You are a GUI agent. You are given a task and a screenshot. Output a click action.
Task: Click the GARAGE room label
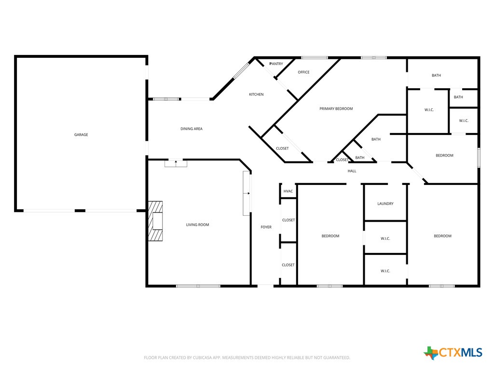(x=81, y=135)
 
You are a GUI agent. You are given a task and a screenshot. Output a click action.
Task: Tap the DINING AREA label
(x=192, y=129)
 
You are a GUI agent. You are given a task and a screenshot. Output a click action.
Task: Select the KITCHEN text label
(x=256, y=94)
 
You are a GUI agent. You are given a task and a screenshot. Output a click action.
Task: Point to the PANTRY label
(x=276, y=64)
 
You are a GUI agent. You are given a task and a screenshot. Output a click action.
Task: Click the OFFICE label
(x=303, y=72)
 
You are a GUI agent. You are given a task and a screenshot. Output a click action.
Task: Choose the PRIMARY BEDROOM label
(x=336, y=109)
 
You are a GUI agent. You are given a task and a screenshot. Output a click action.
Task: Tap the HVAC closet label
(x=288, y=191)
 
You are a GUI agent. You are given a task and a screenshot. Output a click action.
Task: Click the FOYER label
(x=266, y=227)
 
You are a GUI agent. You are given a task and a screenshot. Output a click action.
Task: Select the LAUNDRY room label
(x=385, y=204)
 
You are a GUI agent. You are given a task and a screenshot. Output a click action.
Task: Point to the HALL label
(x=352, y=171)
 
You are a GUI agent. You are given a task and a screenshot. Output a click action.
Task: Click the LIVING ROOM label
(x=198, y=225)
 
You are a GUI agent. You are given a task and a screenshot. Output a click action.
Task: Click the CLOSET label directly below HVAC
(x=288, y=220)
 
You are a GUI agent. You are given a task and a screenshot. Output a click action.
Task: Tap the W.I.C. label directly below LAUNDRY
(x=385, y=238)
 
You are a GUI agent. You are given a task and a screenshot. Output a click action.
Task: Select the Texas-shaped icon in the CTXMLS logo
(x=431, y=353)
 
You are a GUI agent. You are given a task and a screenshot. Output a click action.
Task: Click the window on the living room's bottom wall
(x=198, y=286)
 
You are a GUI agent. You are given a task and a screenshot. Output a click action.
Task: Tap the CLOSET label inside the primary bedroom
(x=282, y=148)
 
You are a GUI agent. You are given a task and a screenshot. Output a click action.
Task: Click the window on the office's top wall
(x=315, y=58)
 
